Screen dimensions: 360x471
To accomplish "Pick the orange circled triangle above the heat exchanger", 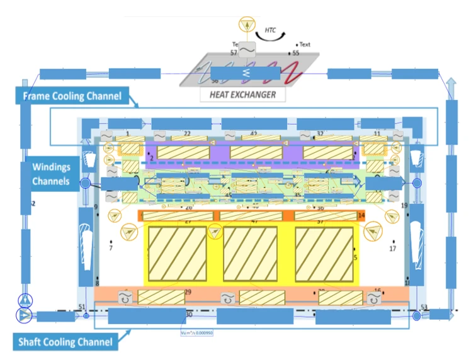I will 247,25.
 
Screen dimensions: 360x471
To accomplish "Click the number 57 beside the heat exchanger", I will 234,53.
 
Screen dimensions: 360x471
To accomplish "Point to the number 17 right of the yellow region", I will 392,249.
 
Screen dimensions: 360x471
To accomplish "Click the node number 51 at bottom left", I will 81,307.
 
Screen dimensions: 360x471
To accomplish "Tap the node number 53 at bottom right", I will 424,307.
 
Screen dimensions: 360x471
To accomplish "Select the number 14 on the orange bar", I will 361,215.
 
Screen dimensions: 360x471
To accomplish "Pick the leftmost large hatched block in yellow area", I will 177,253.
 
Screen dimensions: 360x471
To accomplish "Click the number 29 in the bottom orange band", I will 188,292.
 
